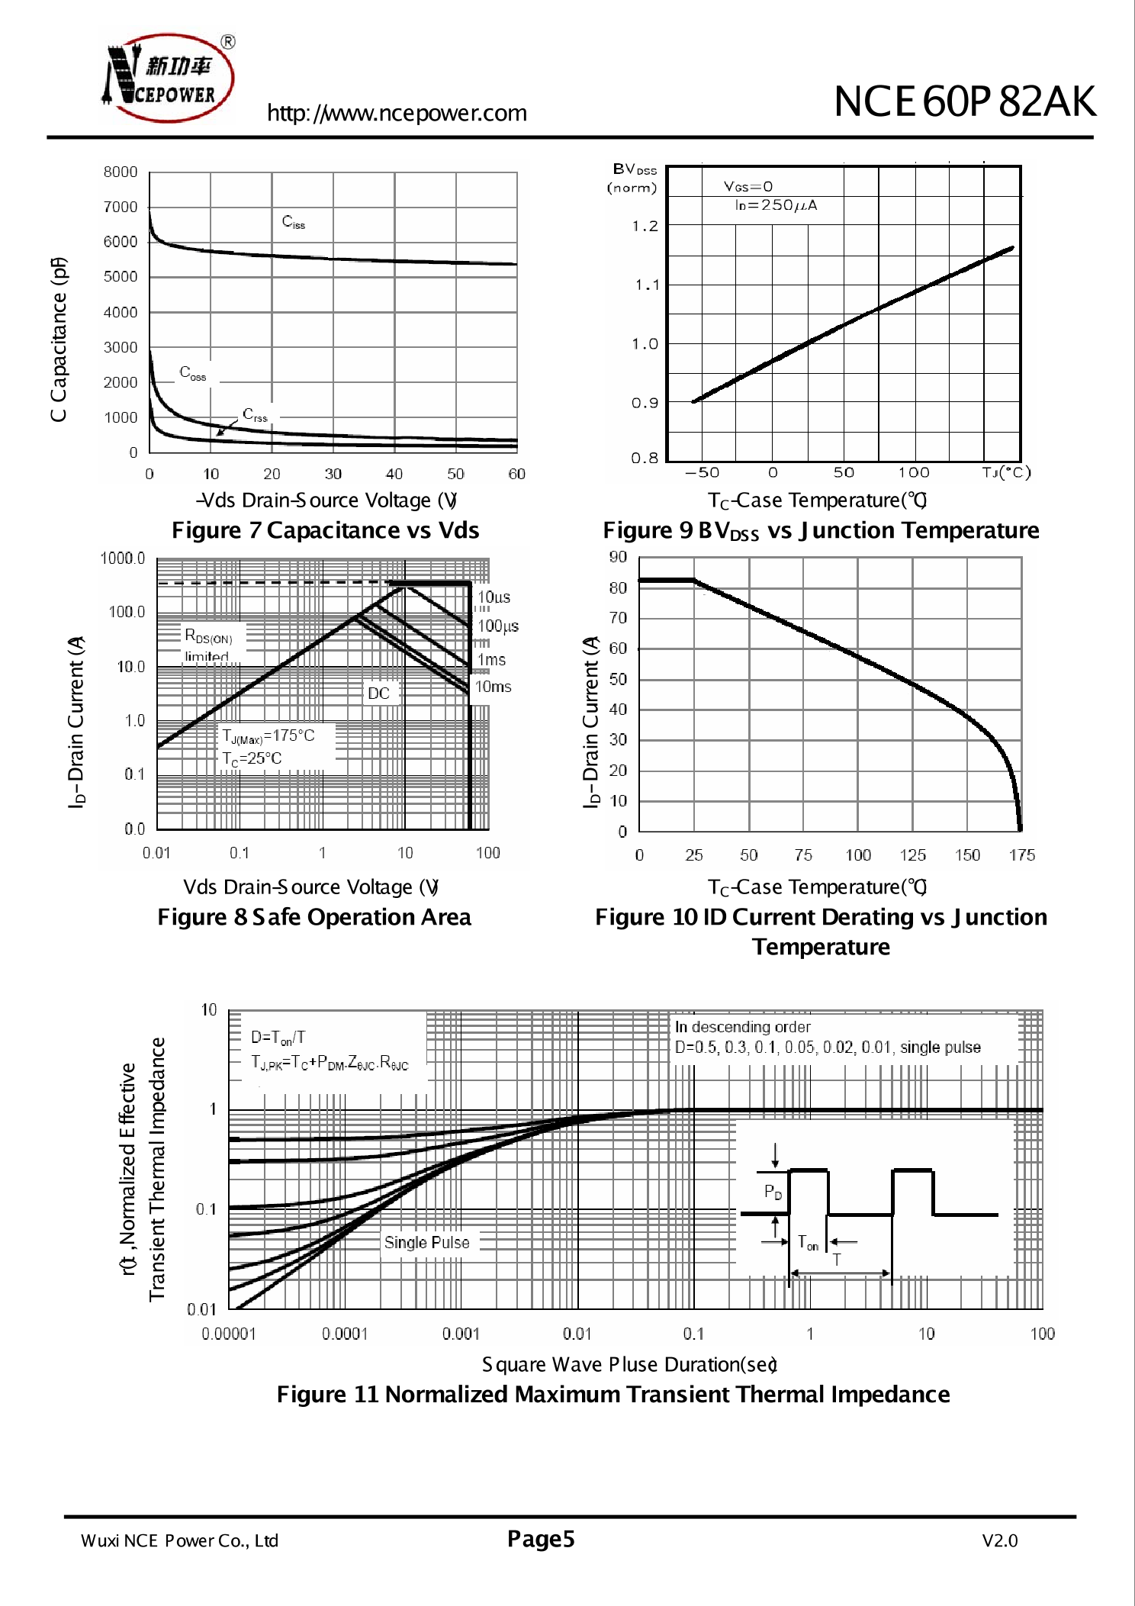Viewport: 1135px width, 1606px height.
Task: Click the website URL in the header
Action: coord(397,113)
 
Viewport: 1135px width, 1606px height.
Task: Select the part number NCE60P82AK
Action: coord(965,101)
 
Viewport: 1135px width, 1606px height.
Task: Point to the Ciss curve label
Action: coord(294,222)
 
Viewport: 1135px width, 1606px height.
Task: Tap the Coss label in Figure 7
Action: coord(193,373)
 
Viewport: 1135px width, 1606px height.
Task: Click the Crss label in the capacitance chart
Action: coord(256,415)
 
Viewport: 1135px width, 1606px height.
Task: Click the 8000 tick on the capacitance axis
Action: coord(121,172)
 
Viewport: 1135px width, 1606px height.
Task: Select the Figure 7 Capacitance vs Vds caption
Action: coord(325,530)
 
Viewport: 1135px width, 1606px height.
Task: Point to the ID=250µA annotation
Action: coord(776,205)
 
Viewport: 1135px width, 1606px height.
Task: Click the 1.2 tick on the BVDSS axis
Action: coord(645,227)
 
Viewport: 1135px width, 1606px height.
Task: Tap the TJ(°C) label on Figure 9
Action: coord(1006,473)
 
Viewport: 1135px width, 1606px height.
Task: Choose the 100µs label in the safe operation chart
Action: coord(497,626)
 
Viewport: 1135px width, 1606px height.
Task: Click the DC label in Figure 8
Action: coord(379,694)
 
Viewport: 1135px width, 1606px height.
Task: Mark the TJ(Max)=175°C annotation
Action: coord(268,736)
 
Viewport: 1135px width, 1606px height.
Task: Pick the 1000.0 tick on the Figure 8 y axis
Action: coord(122,558)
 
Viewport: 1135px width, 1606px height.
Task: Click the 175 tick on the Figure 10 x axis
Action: coord(1021,855)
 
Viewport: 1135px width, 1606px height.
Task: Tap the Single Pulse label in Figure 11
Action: coord(426,1243)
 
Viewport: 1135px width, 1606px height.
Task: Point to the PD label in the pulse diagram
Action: coord(773,1192)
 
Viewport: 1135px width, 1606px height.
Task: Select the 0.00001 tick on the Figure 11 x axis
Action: coord(229,1334)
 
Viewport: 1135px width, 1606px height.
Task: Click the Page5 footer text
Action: coord(541,1539)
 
